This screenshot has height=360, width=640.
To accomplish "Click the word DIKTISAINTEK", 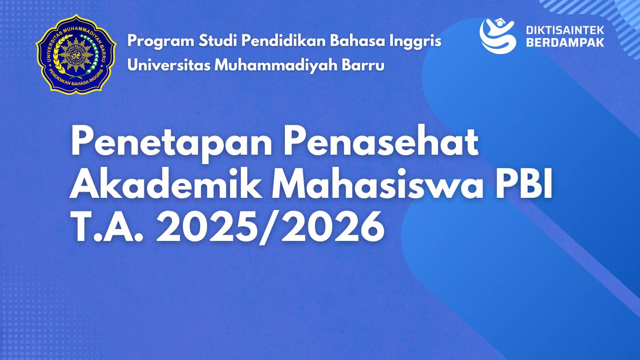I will coord(565,30).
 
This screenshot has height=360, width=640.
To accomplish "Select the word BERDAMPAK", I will coord(565,42).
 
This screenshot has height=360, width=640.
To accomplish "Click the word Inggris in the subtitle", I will coord(415,41).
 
